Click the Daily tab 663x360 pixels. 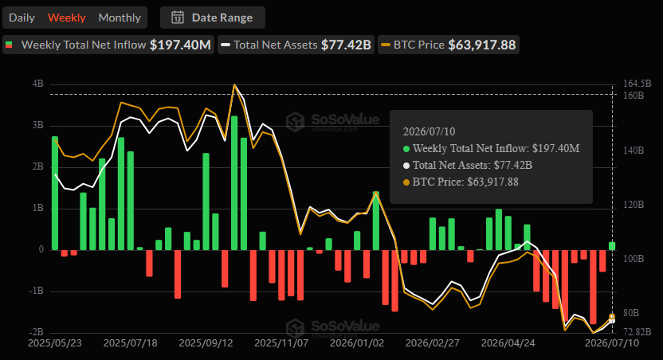click(22, 18)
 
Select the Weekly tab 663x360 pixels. click(66, 18)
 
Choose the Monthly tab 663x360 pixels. click(120, 18)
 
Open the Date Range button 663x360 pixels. click(212, 18)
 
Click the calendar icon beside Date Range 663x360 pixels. click(178, 18)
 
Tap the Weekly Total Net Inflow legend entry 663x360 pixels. click(108, 45)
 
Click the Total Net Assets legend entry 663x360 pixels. click(296, 45)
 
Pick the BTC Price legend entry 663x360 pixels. click(449, 45)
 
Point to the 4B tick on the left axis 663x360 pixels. click(37, 84)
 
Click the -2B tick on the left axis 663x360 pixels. click(36, 332)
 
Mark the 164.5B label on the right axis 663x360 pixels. click(637, 84)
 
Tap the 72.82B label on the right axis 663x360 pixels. click(637, 331)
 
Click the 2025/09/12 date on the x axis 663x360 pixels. click(206, 342)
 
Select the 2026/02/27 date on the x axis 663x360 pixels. click(433, 342)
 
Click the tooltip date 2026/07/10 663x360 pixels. click(430, 132)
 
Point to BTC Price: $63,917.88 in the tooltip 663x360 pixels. click(465, 182)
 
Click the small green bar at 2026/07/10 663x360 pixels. click(612, 246)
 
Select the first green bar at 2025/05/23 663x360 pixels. click(55, 193)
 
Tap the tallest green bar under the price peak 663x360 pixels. click(234, 183)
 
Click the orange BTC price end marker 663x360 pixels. click(612, 316)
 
